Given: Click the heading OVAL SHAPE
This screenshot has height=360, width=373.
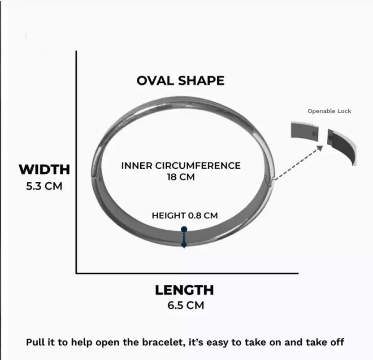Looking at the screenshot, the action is pos(180,81).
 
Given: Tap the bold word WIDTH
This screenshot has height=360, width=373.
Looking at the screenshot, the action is pos(44,169).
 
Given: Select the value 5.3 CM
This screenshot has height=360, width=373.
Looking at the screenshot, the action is pos(44,186).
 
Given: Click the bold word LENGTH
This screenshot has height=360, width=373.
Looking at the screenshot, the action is pos(184,290).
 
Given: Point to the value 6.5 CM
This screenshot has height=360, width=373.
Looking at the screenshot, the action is pos(186,305).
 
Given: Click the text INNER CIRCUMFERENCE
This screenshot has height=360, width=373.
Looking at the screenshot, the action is pos(181,166).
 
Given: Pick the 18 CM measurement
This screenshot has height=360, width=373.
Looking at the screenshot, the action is pos(181,177).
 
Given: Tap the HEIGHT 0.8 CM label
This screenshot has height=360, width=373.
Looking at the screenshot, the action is pos(185,215).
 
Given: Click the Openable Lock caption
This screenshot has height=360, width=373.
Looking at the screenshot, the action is pos(329,111).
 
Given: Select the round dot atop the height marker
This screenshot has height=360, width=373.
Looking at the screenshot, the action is pos(184,229).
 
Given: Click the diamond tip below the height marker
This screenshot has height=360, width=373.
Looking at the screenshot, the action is pos(184,245).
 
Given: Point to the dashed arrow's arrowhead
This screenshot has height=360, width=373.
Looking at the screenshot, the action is pos(320,148).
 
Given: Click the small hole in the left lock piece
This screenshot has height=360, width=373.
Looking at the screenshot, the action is pos(314,134).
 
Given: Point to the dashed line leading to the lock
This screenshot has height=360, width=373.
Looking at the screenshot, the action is pos(297,163).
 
